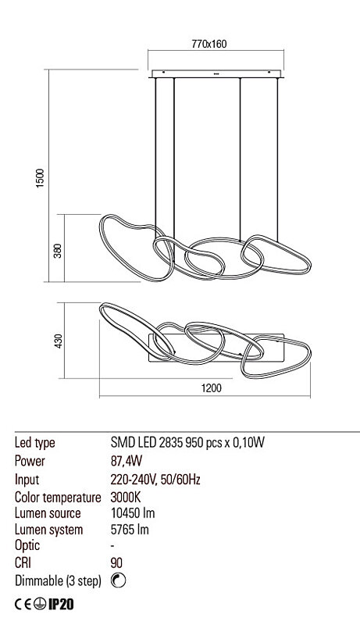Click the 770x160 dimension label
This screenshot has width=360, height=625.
click(x=209, y=44)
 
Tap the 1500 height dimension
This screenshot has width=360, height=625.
click(x=41, y=179)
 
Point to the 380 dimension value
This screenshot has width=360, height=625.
click(x=58, y=251)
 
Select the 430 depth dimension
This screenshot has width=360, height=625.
click(x=58, y=341)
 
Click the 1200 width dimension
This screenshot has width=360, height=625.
click(x=211, y=387)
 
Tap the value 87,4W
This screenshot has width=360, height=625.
click(x=127, y=461)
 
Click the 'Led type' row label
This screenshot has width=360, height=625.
click(x=34, y=443)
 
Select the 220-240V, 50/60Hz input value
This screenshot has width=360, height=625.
click(x=155, y=480)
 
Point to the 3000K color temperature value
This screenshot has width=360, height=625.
click(x=126, y=498)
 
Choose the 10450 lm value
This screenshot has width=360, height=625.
click(x=133, y=513)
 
